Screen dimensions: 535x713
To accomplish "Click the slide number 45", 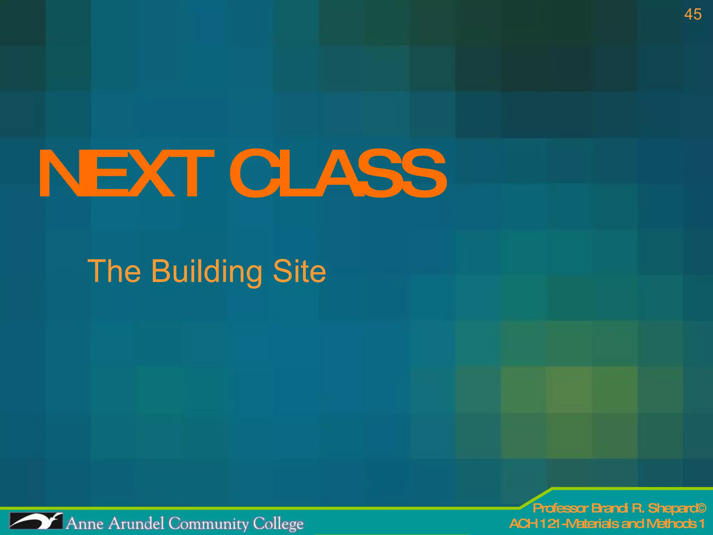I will click(692, 15).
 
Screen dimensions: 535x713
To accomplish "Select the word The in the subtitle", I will click(114, 271).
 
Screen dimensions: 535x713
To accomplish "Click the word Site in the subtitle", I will click(299, 271).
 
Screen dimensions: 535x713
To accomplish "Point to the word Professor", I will click(560, 509).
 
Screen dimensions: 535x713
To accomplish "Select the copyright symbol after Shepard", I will click(701, 509).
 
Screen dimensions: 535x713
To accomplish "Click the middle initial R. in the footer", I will click(637, 509).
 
